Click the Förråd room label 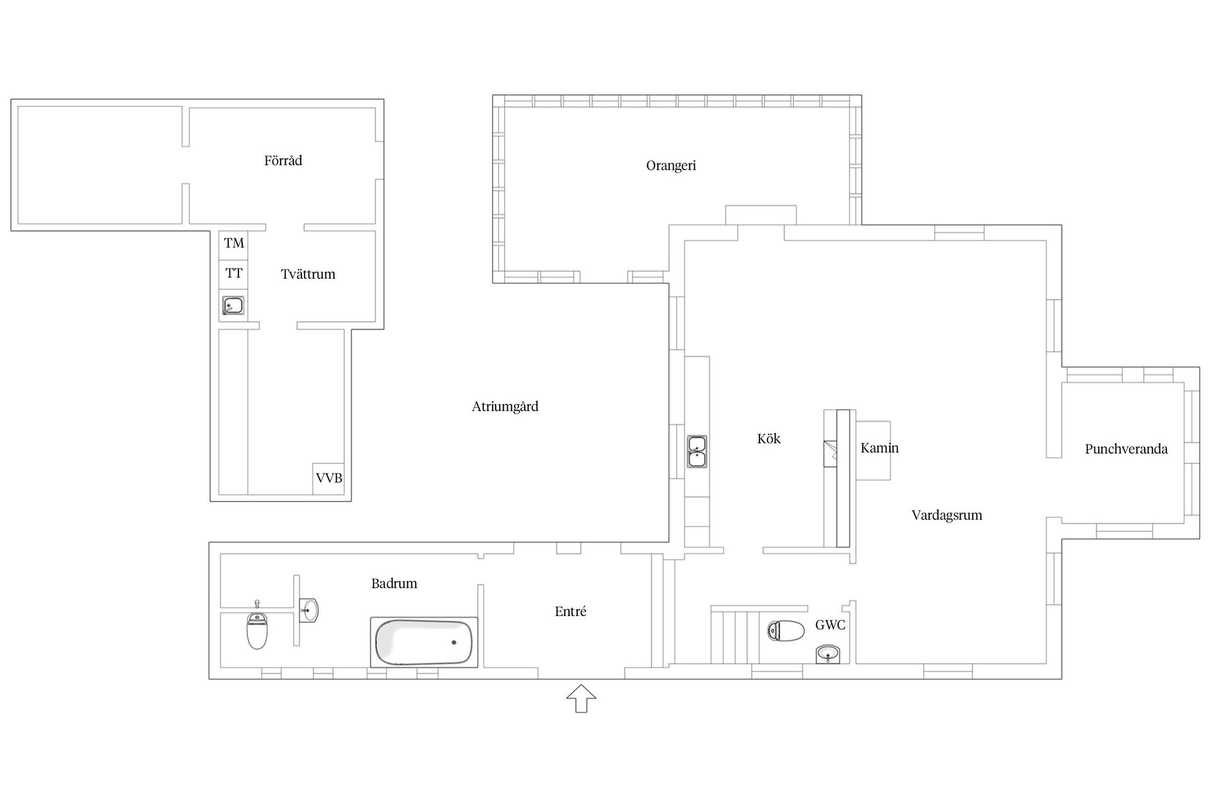283,161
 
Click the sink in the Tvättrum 233,306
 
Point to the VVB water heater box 329,479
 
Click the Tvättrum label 308,274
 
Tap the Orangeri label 671,166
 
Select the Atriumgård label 505,407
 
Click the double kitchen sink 697,451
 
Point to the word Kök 769,439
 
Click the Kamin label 880,448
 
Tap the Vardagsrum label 947,515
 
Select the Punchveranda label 1126,449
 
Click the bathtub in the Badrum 423,642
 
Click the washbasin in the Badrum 308,610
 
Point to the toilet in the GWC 786,630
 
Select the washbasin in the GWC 828,654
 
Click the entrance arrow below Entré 581,699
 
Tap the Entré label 571,612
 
